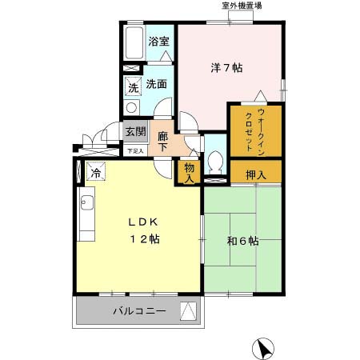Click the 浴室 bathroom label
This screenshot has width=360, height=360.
click(158, 42)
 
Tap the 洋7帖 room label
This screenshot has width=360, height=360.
click(226, 68)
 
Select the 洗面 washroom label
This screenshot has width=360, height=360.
click(156, 84)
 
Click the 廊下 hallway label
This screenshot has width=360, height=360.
click(162, 141)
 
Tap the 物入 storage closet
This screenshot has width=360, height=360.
click(190, 173)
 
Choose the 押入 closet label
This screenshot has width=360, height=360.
click(255, 171)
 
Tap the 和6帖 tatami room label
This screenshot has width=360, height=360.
click(242, 241)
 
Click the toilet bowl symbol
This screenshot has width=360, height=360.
click(214, 163)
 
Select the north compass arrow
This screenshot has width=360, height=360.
click(265, 348)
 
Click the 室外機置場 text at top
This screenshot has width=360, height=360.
click(242, 6)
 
